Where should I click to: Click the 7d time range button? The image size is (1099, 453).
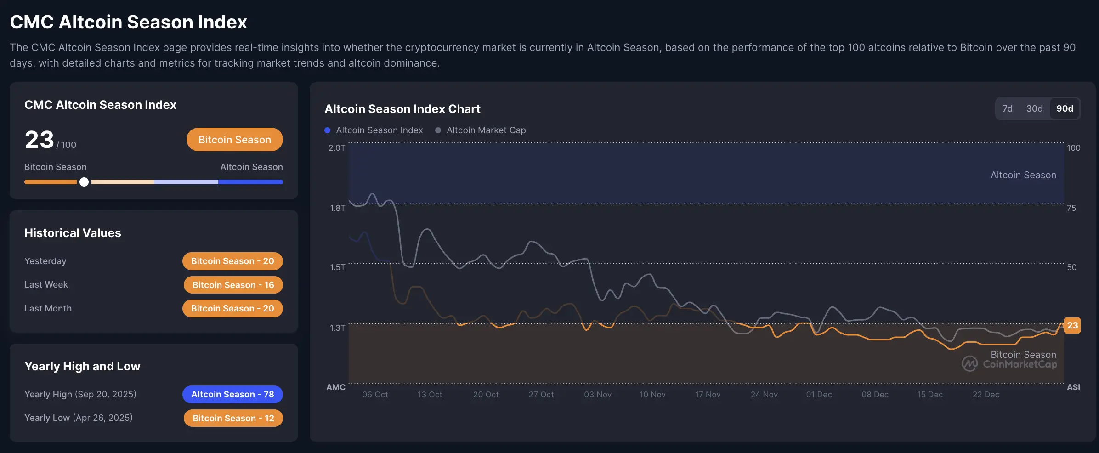click(x=1007, y=109)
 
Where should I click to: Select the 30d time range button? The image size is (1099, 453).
click(x=1034, y=109)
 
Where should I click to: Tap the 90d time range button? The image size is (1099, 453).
click(x=1065, y=109)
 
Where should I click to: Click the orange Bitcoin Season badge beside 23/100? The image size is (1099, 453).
click(x=234, y=140)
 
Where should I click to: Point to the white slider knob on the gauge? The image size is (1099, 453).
click(x=84, y=182)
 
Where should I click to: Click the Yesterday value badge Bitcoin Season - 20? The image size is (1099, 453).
click(x=232, y=261)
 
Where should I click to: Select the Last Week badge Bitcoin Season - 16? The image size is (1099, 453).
click(x=233, y=285)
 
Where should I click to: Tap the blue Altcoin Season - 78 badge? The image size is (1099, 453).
click(x=232, y=394)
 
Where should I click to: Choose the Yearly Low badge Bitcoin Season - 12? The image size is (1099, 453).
click(x=233, y=418)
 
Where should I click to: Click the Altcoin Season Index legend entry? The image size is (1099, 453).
click(x=379, y=130)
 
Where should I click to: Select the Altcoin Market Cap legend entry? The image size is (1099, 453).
click(x=486, y=130)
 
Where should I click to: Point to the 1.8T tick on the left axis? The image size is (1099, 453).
click(x=337, y=208)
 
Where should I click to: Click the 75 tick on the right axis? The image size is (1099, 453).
click(x=1071, y=208)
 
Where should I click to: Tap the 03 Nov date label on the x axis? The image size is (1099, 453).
click(x=597, y=395)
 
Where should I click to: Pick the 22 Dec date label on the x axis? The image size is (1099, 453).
click(x=986, y=395)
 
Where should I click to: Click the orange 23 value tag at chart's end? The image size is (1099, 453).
click(x=1072, y=326)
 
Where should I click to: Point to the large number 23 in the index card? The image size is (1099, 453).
click(x=40, y=140)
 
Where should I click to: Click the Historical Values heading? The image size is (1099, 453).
click(x=73, y=233)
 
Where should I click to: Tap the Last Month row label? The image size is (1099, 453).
click(x=48, y=309)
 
